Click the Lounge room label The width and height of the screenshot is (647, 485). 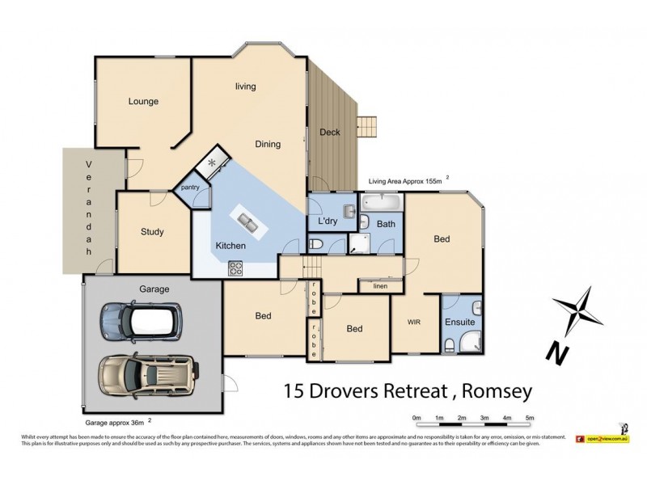click(x=143, y=102)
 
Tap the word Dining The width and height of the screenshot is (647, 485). click(x=268, y=145)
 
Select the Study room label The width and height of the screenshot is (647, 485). click(x=152, y=232)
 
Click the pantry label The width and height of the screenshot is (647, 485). click(x=190, y=188)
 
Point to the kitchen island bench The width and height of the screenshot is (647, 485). click(x=247, y=220)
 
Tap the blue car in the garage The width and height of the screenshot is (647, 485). click(x=140, y=322)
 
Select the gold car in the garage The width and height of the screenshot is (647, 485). click(x=146, y=375)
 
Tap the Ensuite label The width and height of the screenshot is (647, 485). click(x=460, y=323)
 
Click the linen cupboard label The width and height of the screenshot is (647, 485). click(x=379, y=286)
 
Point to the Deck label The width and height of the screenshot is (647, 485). click(x=330, y=133)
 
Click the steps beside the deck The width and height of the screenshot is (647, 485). click(x=368, y=127)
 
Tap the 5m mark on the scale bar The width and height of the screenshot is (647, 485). click(x=530, y=418)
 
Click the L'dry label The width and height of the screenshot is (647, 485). click(x=328, y=221)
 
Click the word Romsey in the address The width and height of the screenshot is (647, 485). click(x=498, y=392)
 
